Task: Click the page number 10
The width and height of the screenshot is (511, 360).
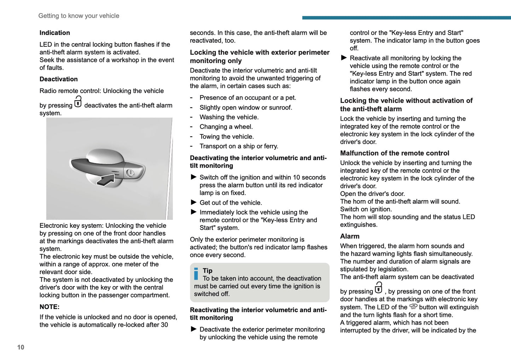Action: pos(21,347)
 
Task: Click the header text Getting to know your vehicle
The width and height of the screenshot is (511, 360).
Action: pos(79,16)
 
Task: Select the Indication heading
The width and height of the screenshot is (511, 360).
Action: pos(55,33)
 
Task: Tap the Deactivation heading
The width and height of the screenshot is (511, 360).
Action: pos(59,79)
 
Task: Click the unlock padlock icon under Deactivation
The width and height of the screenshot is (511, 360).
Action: pos(78,102)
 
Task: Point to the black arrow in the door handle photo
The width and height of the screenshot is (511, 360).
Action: pos(106,180)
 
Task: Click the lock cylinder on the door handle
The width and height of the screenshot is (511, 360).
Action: pos(130,173)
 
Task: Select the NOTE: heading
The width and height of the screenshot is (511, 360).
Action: pos(50,307)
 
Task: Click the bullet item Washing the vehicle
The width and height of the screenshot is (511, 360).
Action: pos(229,117)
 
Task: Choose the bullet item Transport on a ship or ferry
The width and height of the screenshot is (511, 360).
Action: pos(239,146)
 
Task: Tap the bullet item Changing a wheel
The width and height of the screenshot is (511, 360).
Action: pos(226,127)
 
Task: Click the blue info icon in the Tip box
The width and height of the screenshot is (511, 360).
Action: pos(196,274)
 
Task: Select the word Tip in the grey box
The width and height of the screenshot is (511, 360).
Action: pos(208,271)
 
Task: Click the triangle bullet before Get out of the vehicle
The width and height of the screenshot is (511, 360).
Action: pos(193,202)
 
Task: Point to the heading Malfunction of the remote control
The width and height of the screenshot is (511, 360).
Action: pos(395,153)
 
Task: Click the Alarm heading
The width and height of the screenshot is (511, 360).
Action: pos(350,236)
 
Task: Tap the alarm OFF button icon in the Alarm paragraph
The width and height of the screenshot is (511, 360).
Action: pos(413,307)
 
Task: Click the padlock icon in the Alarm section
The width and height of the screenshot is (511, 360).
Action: pos(379,288)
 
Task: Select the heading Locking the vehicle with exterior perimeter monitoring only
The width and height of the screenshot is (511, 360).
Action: pos(260,57)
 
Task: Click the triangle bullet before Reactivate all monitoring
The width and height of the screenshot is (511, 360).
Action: pos(344,58)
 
